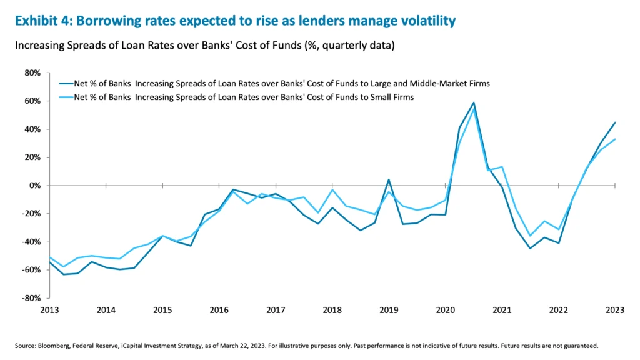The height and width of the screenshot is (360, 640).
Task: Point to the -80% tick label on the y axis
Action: (x=31, y=298)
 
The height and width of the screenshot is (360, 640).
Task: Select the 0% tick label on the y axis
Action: (x=34, y=186)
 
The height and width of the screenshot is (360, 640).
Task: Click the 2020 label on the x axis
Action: (x=445, y=309)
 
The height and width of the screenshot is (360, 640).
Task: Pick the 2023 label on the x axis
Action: (x=615, y=309)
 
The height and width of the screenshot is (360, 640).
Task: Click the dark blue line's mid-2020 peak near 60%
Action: (x=474, y=102)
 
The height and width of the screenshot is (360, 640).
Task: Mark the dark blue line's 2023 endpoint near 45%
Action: (x=615, y=122)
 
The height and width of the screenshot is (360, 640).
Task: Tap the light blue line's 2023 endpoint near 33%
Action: (x=615, y=139)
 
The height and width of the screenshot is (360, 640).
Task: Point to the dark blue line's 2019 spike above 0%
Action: (x=389, y=179)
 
